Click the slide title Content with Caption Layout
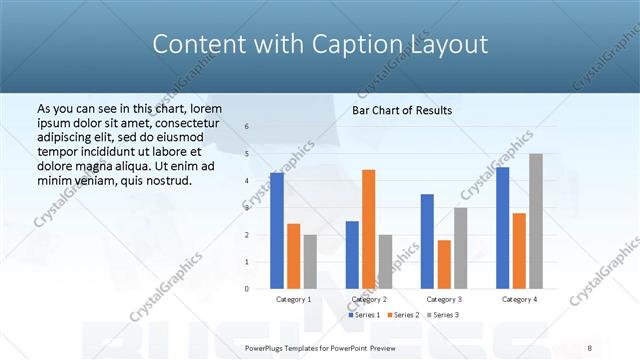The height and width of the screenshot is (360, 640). pyautogui.click(x=320, y=44)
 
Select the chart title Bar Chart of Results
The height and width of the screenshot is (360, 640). pyautogui.click(x=402, y=110)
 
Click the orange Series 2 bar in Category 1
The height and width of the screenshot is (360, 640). pyautogui.click(x=293, y=256)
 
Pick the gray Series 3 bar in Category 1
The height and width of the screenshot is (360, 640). pyautogui.click(x=310, y=261)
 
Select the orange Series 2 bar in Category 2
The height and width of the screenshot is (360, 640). pyautogui.click(x=369, y=229)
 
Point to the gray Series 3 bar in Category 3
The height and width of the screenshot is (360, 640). pyautogui.click(x=461, y=247)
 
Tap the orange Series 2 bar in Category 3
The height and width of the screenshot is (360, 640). pyautogui.click(x=444, y=264)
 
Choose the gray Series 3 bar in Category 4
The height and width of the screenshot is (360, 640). pyautogui.click(x=536, y=221)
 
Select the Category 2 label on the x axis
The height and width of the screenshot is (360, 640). pyautogui.click(x=369, y=299)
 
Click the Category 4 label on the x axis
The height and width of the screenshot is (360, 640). pyautogui.click(x=519, y=299)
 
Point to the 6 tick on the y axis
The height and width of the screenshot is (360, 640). pyautogui.click(x=247, y=126)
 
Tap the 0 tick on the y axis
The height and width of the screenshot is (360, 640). pyautogui.click(x=247, y=288)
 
